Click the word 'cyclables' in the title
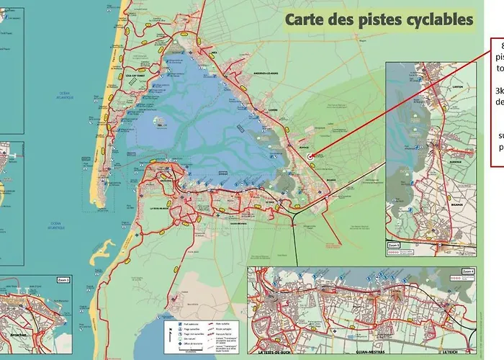coord(432,19)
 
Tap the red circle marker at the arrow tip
coord(310,156)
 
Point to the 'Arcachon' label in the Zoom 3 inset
coord(16,336)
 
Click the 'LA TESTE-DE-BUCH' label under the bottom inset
coord(274,353)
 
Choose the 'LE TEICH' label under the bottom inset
coord(450,353)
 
